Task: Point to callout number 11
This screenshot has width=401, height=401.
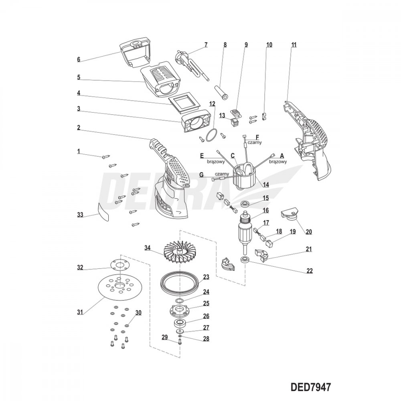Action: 294,45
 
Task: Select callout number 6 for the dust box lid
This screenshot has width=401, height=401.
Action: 79,59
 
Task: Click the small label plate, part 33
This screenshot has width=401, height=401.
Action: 103,211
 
